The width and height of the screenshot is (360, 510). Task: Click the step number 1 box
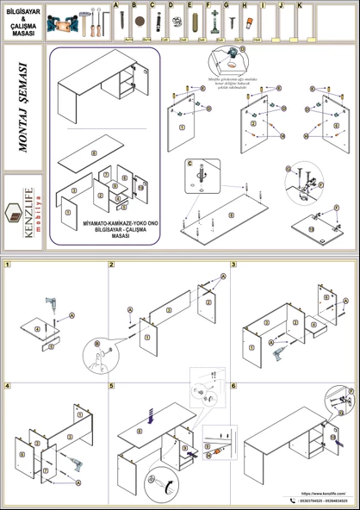click(6, 264)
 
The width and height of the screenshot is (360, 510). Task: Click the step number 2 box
click(112, 264)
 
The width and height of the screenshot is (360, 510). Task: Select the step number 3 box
click(233, 264)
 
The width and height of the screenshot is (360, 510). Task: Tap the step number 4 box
click(6, 385)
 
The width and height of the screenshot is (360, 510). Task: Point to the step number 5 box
click(112, 385)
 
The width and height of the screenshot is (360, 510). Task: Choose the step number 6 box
click(233, 385)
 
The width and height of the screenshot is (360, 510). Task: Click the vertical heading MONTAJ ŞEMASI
click(22, 108)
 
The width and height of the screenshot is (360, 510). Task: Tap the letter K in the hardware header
click(299, 5)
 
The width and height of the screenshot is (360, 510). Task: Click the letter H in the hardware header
click(244, 5)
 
